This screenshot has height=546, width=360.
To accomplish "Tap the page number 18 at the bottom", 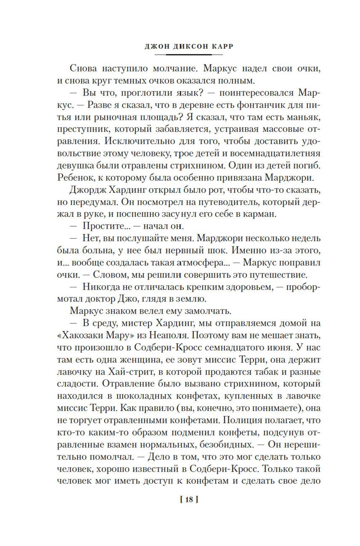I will [189, 499].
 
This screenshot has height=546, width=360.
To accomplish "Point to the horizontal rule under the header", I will [189, 55].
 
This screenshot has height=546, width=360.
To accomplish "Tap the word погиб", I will [308, 165].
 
